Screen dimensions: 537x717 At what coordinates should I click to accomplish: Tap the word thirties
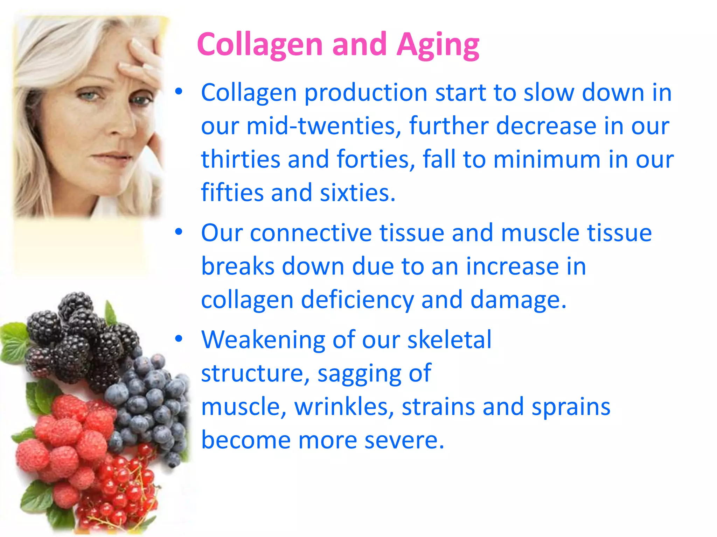pos(241,159)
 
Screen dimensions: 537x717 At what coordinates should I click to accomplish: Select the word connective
pos(311,233)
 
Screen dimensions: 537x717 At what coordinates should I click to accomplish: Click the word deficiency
pos(357,300)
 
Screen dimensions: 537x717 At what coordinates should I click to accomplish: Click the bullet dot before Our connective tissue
pos(179,232)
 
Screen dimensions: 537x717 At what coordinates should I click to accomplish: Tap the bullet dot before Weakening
pos(179,339)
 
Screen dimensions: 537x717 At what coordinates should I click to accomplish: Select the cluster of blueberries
pos(151,402)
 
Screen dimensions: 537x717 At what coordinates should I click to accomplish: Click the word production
pos(366,93)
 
